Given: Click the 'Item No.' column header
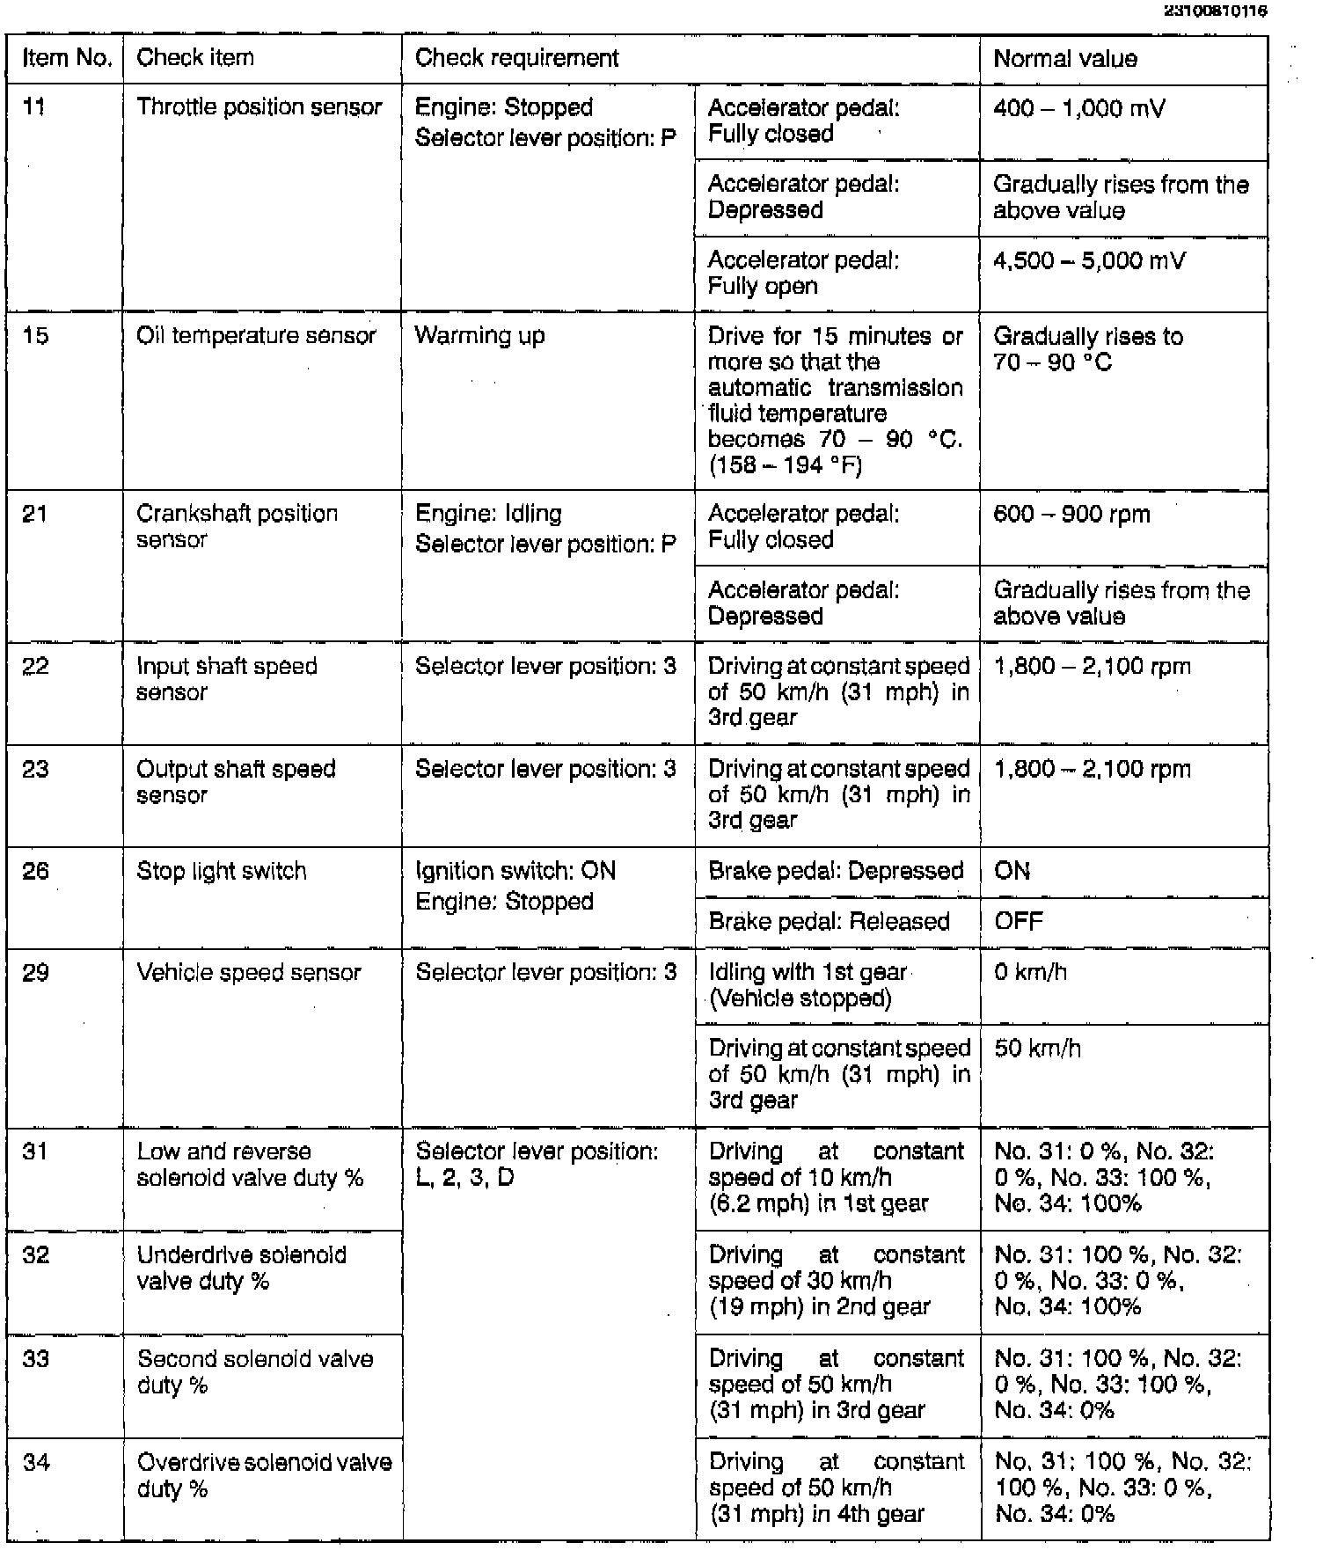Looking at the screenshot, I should (67, 58).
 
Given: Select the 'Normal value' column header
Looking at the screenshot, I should (1064, 59).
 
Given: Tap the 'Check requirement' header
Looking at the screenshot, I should (516, 58).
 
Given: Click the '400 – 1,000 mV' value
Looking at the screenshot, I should (1078, 109).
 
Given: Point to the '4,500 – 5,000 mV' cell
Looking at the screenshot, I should (1089, 261).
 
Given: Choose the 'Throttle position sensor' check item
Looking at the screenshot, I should (259, 107).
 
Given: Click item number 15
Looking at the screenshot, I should (35, 336).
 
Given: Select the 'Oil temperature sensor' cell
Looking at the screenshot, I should (256, 336).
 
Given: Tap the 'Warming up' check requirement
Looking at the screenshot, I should (479, 336).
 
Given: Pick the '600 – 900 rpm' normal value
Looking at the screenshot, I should (1071, 515).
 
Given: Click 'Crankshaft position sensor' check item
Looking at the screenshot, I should (237, 526).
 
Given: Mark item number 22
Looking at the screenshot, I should (35, 667).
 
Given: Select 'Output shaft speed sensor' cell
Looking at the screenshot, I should (236, 781).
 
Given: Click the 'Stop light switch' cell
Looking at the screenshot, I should (222, 872).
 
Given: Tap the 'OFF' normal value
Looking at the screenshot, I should (1018, 922).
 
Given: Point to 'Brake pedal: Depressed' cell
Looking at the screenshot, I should (836, 872).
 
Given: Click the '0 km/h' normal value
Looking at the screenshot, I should (1030, 973).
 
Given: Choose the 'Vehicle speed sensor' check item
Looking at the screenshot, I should (249, 973).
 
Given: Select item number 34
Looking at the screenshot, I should (36, 1463).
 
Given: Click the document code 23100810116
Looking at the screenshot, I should (1217, 11).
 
